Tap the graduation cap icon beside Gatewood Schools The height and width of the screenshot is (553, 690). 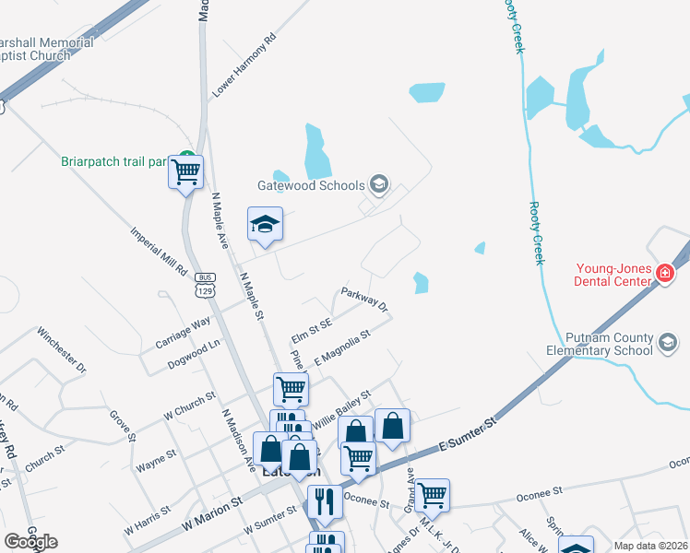[x=377, y=184]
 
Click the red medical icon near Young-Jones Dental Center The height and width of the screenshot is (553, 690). [x=663, y=272]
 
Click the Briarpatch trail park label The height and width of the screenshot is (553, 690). [x=113, y=161]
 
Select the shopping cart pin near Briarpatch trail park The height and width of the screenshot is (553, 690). [x=186, y=170]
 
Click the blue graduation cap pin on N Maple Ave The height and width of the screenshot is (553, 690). [x=265, y=224]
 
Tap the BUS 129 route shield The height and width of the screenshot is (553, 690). [x=205, y=285]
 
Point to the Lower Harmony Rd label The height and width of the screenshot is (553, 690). [x=244, y=66]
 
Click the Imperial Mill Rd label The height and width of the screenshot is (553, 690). [x=159, y=253]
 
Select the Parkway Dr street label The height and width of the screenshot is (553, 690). [x=363, y=298]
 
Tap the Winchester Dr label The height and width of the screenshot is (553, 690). [x=61, y=348]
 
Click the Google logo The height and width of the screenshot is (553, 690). [x=30, y=542]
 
